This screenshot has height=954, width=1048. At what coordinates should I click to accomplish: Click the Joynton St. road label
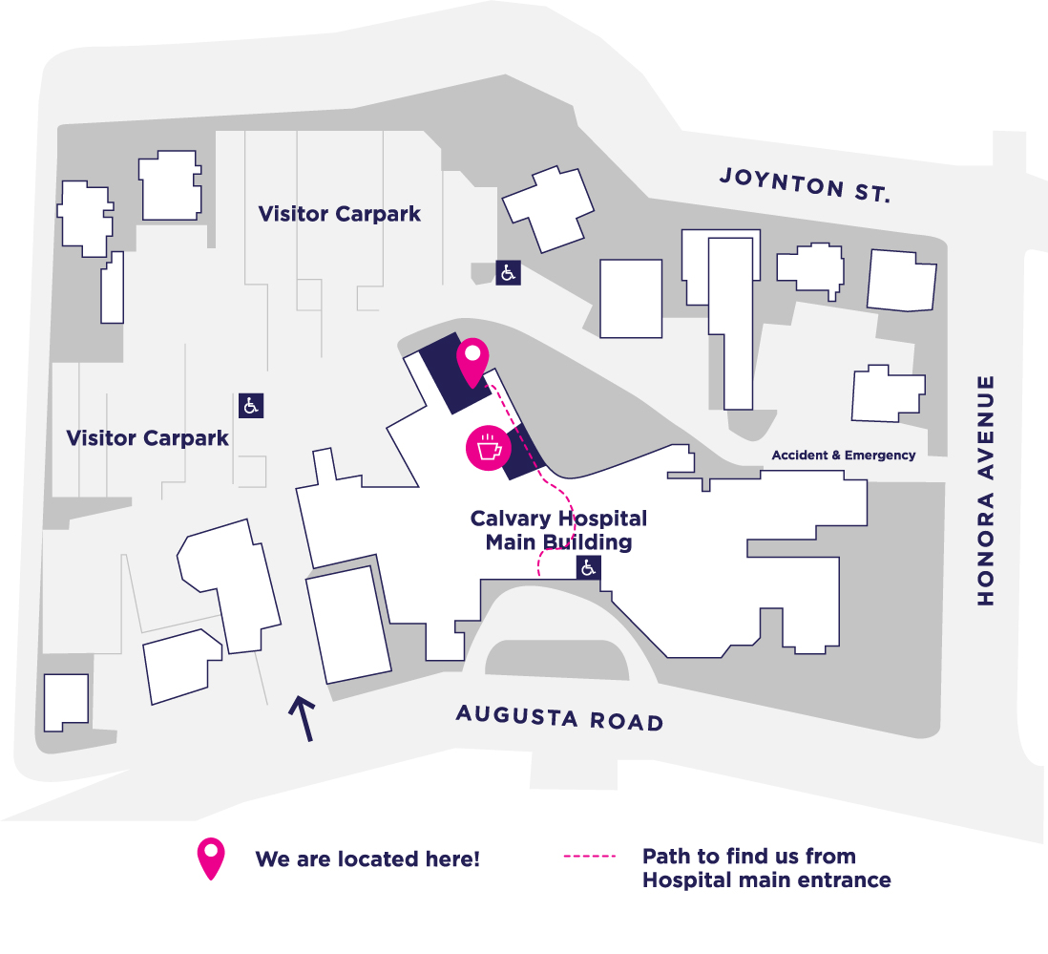pos(805,185)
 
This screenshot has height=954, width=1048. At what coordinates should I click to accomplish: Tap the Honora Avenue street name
pos(986,491)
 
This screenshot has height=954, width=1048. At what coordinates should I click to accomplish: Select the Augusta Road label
pos(559,717)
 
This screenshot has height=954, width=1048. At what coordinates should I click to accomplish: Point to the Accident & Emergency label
pos(844,456)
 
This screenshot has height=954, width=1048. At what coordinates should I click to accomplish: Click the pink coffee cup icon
pos(489,448)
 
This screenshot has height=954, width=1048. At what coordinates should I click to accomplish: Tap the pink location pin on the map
pos(472,362)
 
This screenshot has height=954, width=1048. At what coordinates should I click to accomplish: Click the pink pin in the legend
pos(211,859)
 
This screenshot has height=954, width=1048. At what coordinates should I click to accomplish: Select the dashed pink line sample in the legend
pos(590,856)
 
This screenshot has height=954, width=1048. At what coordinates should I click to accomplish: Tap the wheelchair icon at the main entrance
pos(588,568)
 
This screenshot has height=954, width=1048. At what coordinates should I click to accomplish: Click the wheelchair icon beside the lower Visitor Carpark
pos(251,406)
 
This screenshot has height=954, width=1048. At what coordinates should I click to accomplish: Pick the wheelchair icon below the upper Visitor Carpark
pos(508,273)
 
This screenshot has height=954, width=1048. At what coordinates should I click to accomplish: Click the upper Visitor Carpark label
pos(340,214)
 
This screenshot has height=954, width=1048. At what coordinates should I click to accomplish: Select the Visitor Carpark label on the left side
pos(147,438)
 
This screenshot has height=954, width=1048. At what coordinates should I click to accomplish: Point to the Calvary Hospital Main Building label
pos(558,530)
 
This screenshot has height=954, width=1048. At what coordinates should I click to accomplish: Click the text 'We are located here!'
pos(367,859)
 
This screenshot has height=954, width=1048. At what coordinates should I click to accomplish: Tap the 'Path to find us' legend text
pos(766,868)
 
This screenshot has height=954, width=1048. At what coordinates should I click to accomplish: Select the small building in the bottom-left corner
pos(66,703)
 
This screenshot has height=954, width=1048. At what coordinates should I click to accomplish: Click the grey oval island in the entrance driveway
pos(556,660)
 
